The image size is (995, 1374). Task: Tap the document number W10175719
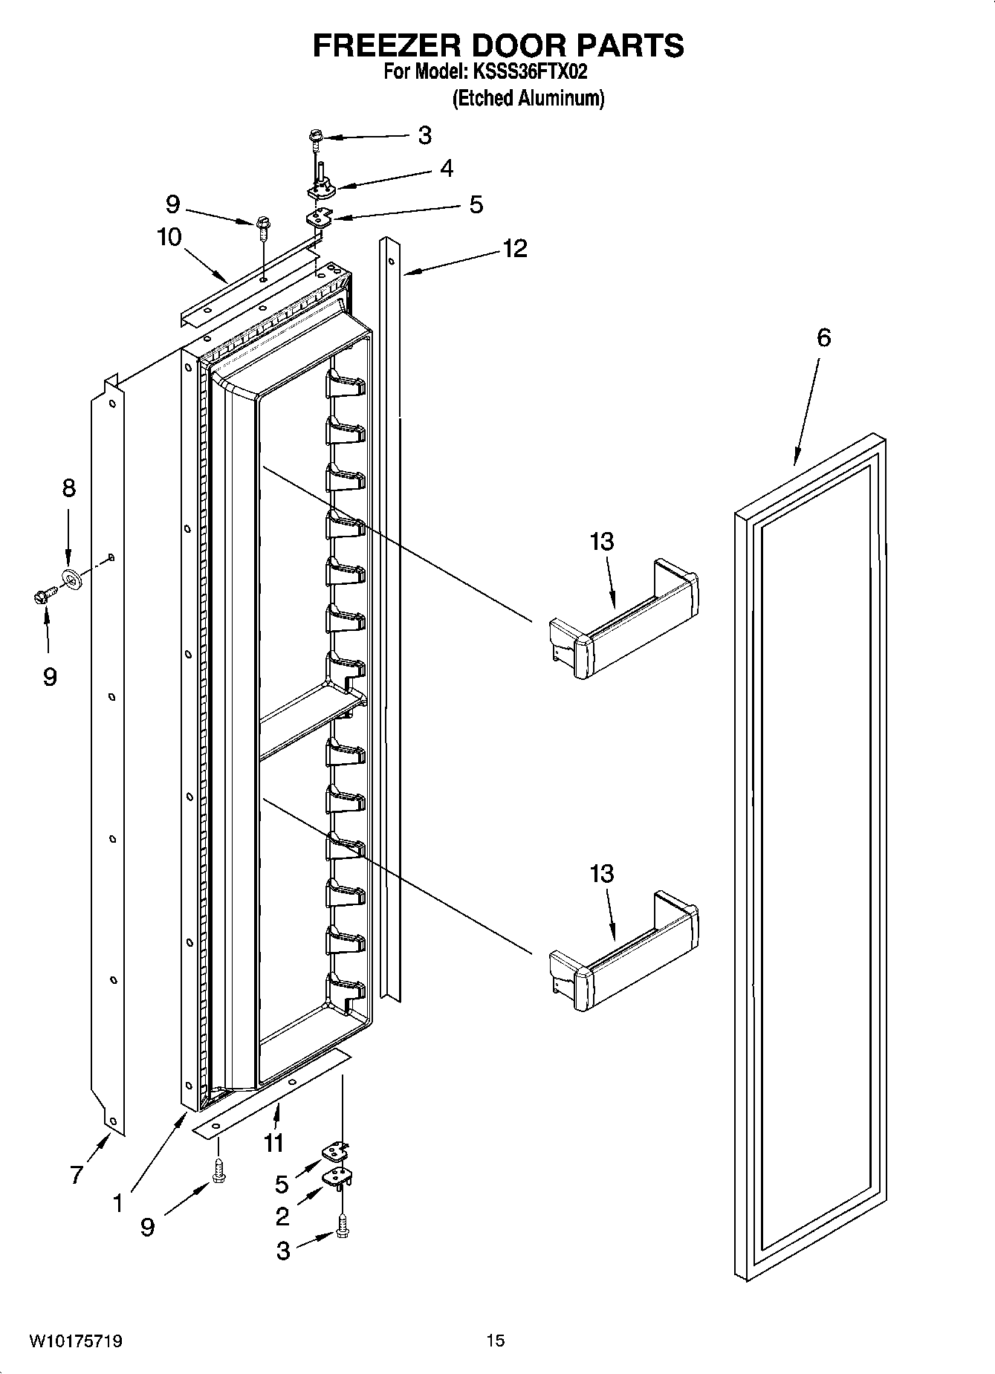[x=76, y=1340]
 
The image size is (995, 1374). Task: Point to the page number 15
[x=496, y=1340]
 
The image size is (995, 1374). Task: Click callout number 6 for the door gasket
[x=823, y=337]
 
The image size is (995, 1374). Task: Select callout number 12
[x=514, y=248]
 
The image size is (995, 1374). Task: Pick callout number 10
[x=169, y=238]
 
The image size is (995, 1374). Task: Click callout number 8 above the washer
[x=68, y=488]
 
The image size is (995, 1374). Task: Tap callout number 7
[x=76, y=1175]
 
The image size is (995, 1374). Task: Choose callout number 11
[x=273, y=1142]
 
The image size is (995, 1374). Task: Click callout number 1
[x=117, y=1202]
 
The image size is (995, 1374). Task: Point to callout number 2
[x=282, y=1216]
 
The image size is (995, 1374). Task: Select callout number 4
[x=446, y=169]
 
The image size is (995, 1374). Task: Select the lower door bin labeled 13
[x=623, y=953]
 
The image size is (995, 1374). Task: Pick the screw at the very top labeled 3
[x=316, y=137]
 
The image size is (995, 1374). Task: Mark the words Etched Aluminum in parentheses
[x=528, y=98]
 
